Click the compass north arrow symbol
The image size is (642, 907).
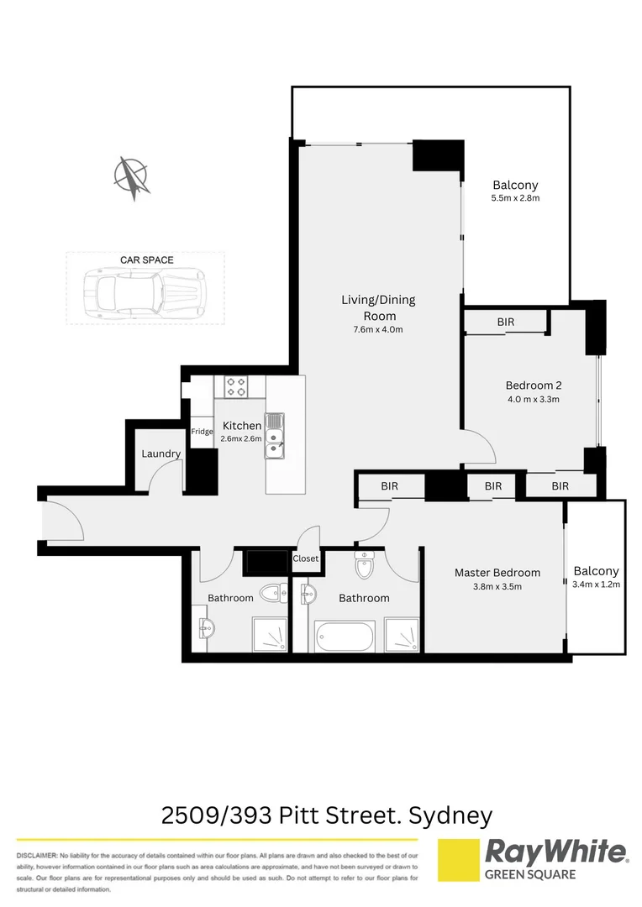point(132,178)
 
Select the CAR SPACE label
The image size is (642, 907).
point(146,260)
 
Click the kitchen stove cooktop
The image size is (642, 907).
point(236,387)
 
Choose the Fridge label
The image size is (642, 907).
point(202,432)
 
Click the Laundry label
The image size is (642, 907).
point(161,453)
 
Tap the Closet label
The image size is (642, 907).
point(306,558)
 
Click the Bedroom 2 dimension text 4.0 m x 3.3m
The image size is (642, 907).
point(533,399)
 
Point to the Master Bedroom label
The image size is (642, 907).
point(497,573)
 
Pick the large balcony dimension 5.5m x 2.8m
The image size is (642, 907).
point(515,199)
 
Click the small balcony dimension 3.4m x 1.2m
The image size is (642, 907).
point(596,585)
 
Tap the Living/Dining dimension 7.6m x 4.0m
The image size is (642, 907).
point(378,329)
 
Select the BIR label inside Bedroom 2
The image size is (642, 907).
point(506,322)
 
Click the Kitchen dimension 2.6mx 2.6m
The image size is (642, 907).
point(242,438)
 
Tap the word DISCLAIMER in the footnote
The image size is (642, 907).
point(36,853)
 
